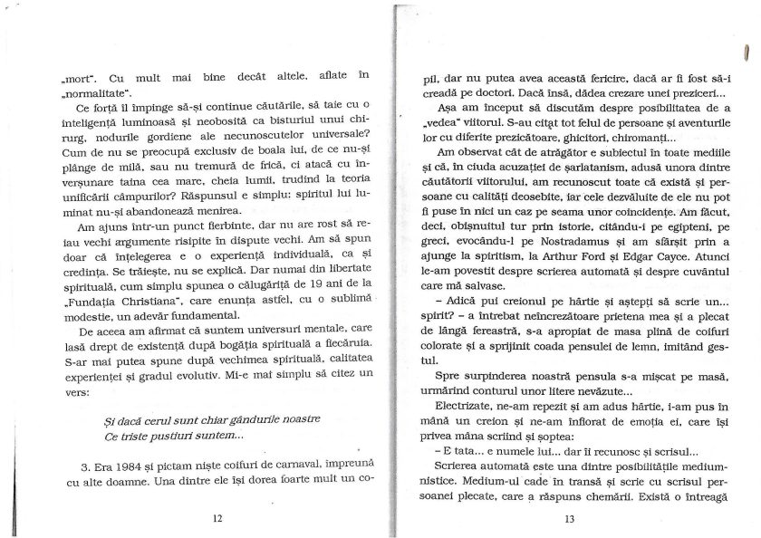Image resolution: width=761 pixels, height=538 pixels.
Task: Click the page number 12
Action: [x=216, y=519]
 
